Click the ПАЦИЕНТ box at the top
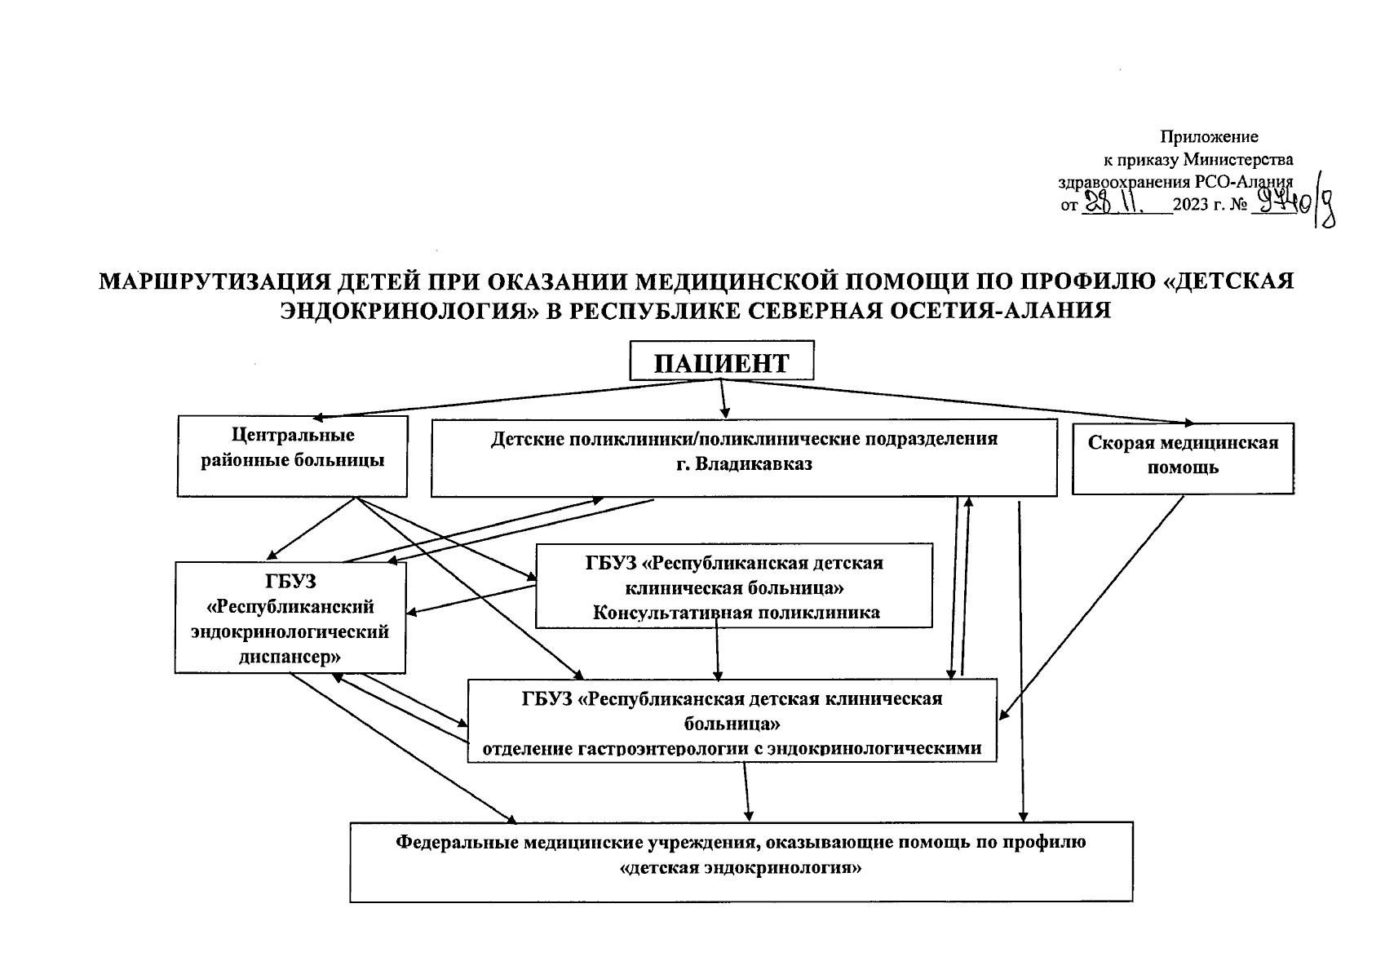coord(722,361)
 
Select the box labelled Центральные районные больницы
coord(292,455)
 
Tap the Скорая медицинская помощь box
coord(1183,458)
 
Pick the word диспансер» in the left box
coord(290,656)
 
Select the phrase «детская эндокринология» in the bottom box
coord(741,867)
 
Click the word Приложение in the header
coord(1209,137)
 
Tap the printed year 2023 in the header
coord(1191,206)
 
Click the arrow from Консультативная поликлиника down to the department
coord(716,649)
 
